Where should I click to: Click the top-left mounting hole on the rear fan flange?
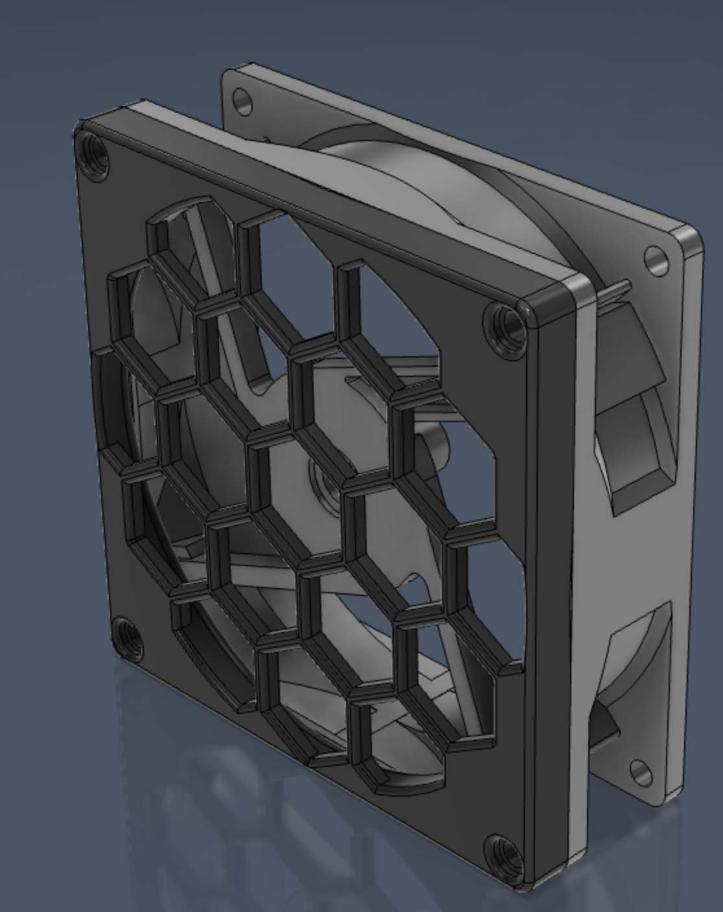coord(242,102)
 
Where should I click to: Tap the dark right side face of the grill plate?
coord(551,583)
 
